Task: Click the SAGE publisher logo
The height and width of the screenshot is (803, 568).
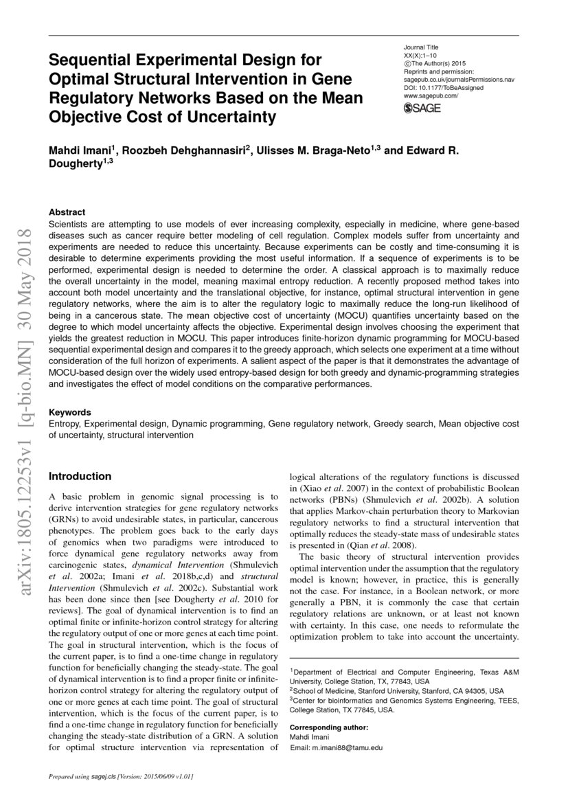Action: [422, 108]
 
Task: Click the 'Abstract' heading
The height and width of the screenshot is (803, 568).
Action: [67, 212]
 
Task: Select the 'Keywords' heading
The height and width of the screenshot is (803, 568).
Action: [70, 413]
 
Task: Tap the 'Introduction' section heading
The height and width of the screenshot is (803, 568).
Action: [79, 476]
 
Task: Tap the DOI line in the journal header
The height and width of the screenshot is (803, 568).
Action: [443, 88]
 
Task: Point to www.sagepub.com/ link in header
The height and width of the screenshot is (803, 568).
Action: [431, 96]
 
